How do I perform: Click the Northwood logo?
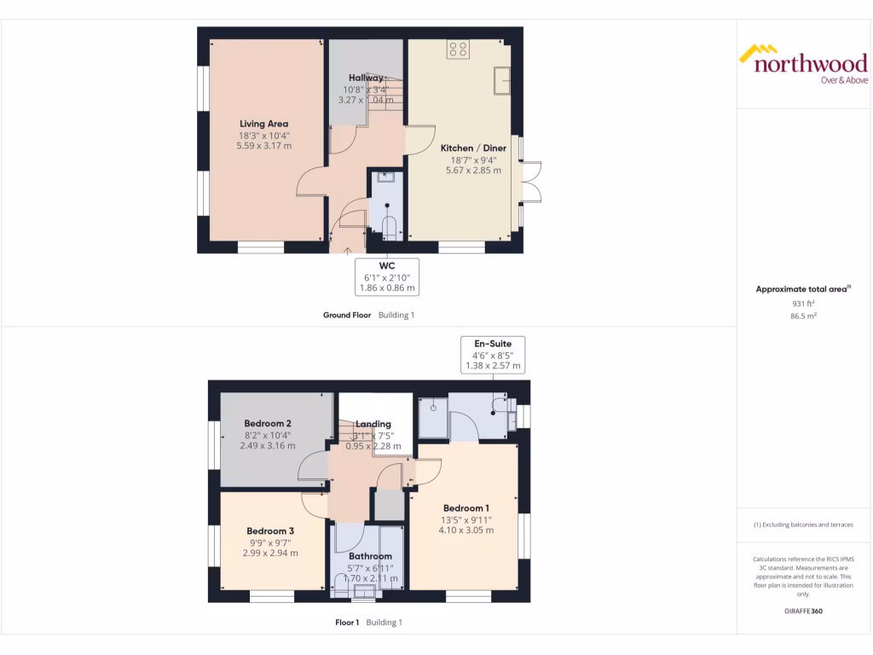pos(802,64)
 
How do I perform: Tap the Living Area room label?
pos(263,124)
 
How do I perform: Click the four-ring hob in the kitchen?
pos(458,49)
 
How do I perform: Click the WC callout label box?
pos(386,276)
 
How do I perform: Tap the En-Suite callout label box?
pos(494,354)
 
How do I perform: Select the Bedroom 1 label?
pos(466,509)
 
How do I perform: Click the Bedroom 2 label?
pos(268,424)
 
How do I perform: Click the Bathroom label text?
pos(369,556)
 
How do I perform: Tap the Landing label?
pos(373,424)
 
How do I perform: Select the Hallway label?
pos(366,78)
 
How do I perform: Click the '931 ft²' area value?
pos(803,303)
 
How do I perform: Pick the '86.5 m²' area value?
pos(803,315)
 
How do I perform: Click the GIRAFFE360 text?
pos(802,611)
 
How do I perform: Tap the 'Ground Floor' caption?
pos(347,315)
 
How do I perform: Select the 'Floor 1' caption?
pos(347,623)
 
